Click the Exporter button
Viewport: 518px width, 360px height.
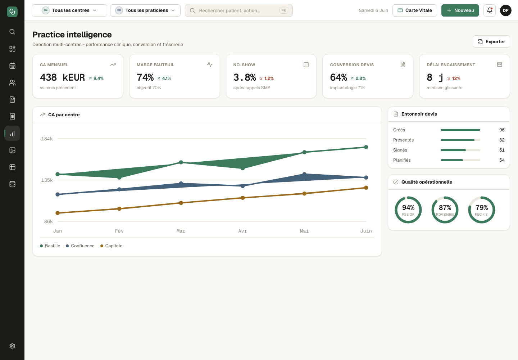(x=491, y=41)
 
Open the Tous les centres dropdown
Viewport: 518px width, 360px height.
(x=69, y=10)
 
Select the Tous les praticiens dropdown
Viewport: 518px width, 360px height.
(x=145, y=10)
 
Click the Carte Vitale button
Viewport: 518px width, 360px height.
(x=415, y=10)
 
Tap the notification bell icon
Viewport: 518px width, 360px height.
(x=490, y=10)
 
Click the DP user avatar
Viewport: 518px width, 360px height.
(x=506, y=10)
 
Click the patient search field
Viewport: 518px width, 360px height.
(x=238, y=10)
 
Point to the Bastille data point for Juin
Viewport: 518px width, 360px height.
(x=366, y=147)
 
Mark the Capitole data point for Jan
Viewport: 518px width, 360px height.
(x=58, y=213)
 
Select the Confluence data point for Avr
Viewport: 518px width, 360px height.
(x=242, y=186)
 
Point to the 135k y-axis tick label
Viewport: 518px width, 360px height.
(x=47, y=180)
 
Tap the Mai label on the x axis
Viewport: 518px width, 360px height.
(x=304, y=231)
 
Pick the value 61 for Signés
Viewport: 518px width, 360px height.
(x=502, y=150)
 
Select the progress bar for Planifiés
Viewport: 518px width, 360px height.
(x=460, y=160)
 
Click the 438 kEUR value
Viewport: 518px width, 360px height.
(x=63, y=77)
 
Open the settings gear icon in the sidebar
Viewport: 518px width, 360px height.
(x=12, y=346)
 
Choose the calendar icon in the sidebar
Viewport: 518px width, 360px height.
(x=12, y=66)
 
